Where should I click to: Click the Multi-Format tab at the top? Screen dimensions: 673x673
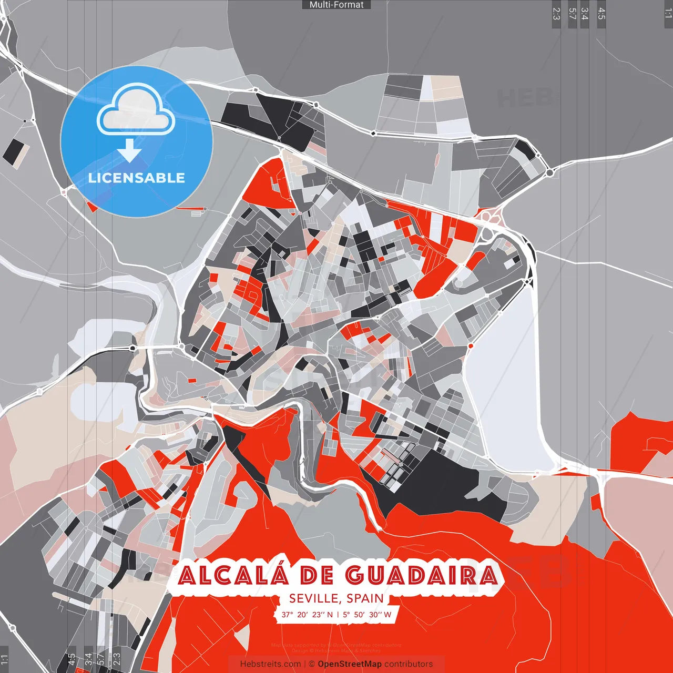click(336, 5)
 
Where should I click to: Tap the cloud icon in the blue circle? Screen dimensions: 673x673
click(136, 109)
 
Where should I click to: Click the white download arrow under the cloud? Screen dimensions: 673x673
click(129, 150)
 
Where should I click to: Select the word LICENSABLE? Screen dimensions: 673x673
click(137, 178)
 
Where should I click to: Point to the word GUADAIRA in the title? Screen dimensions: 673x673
click(422, 575)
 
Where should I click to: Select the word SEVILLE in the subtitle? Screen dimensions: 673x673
click(314, 598)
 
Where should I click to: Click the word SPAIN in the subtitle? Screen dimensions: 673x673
click(365, 598)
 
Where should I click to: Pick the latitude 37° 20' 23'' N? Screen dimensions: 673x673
click(307, 614)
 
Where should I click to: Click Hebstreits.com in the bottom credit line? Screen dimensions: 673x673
click(270, 664)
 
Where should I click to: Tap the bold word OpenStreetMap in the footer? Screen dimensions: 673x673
click(350, 664)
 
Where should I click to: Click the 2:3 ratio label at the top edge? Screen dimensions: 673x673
click(556, 14)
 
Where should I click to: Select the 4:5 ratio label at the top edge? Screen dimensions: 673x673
click(601, 14)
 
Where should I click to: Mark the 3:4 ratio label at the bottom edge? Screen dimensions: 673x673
click(88, 659)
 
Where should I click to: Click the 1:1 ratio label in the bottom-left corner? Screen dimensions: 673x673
click(5, 659)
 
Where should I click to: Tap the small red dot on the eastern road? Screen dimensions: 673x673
click(471, 346)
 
